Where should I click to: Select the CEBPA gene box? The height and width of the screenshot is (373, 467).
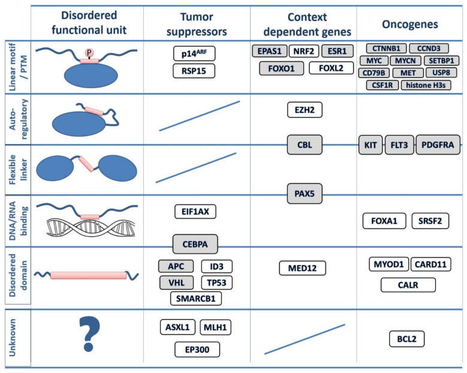(194, 244)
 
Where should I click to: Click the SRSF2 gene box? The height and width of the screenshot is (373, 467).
(431, 221)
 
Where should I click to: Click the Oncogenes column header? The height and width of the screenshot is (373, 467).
(409, 23)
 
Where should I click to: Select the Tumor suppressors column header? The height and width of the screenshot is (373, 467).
(196, 23)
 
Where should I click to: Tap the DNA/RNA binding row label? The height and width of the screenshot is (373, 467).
(16, 220)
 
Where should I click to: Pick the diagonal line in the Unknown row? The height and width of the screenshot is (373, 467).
(304, 339)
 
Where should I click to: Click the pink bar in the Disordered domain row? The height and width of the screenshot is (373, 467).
(90, 275)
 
